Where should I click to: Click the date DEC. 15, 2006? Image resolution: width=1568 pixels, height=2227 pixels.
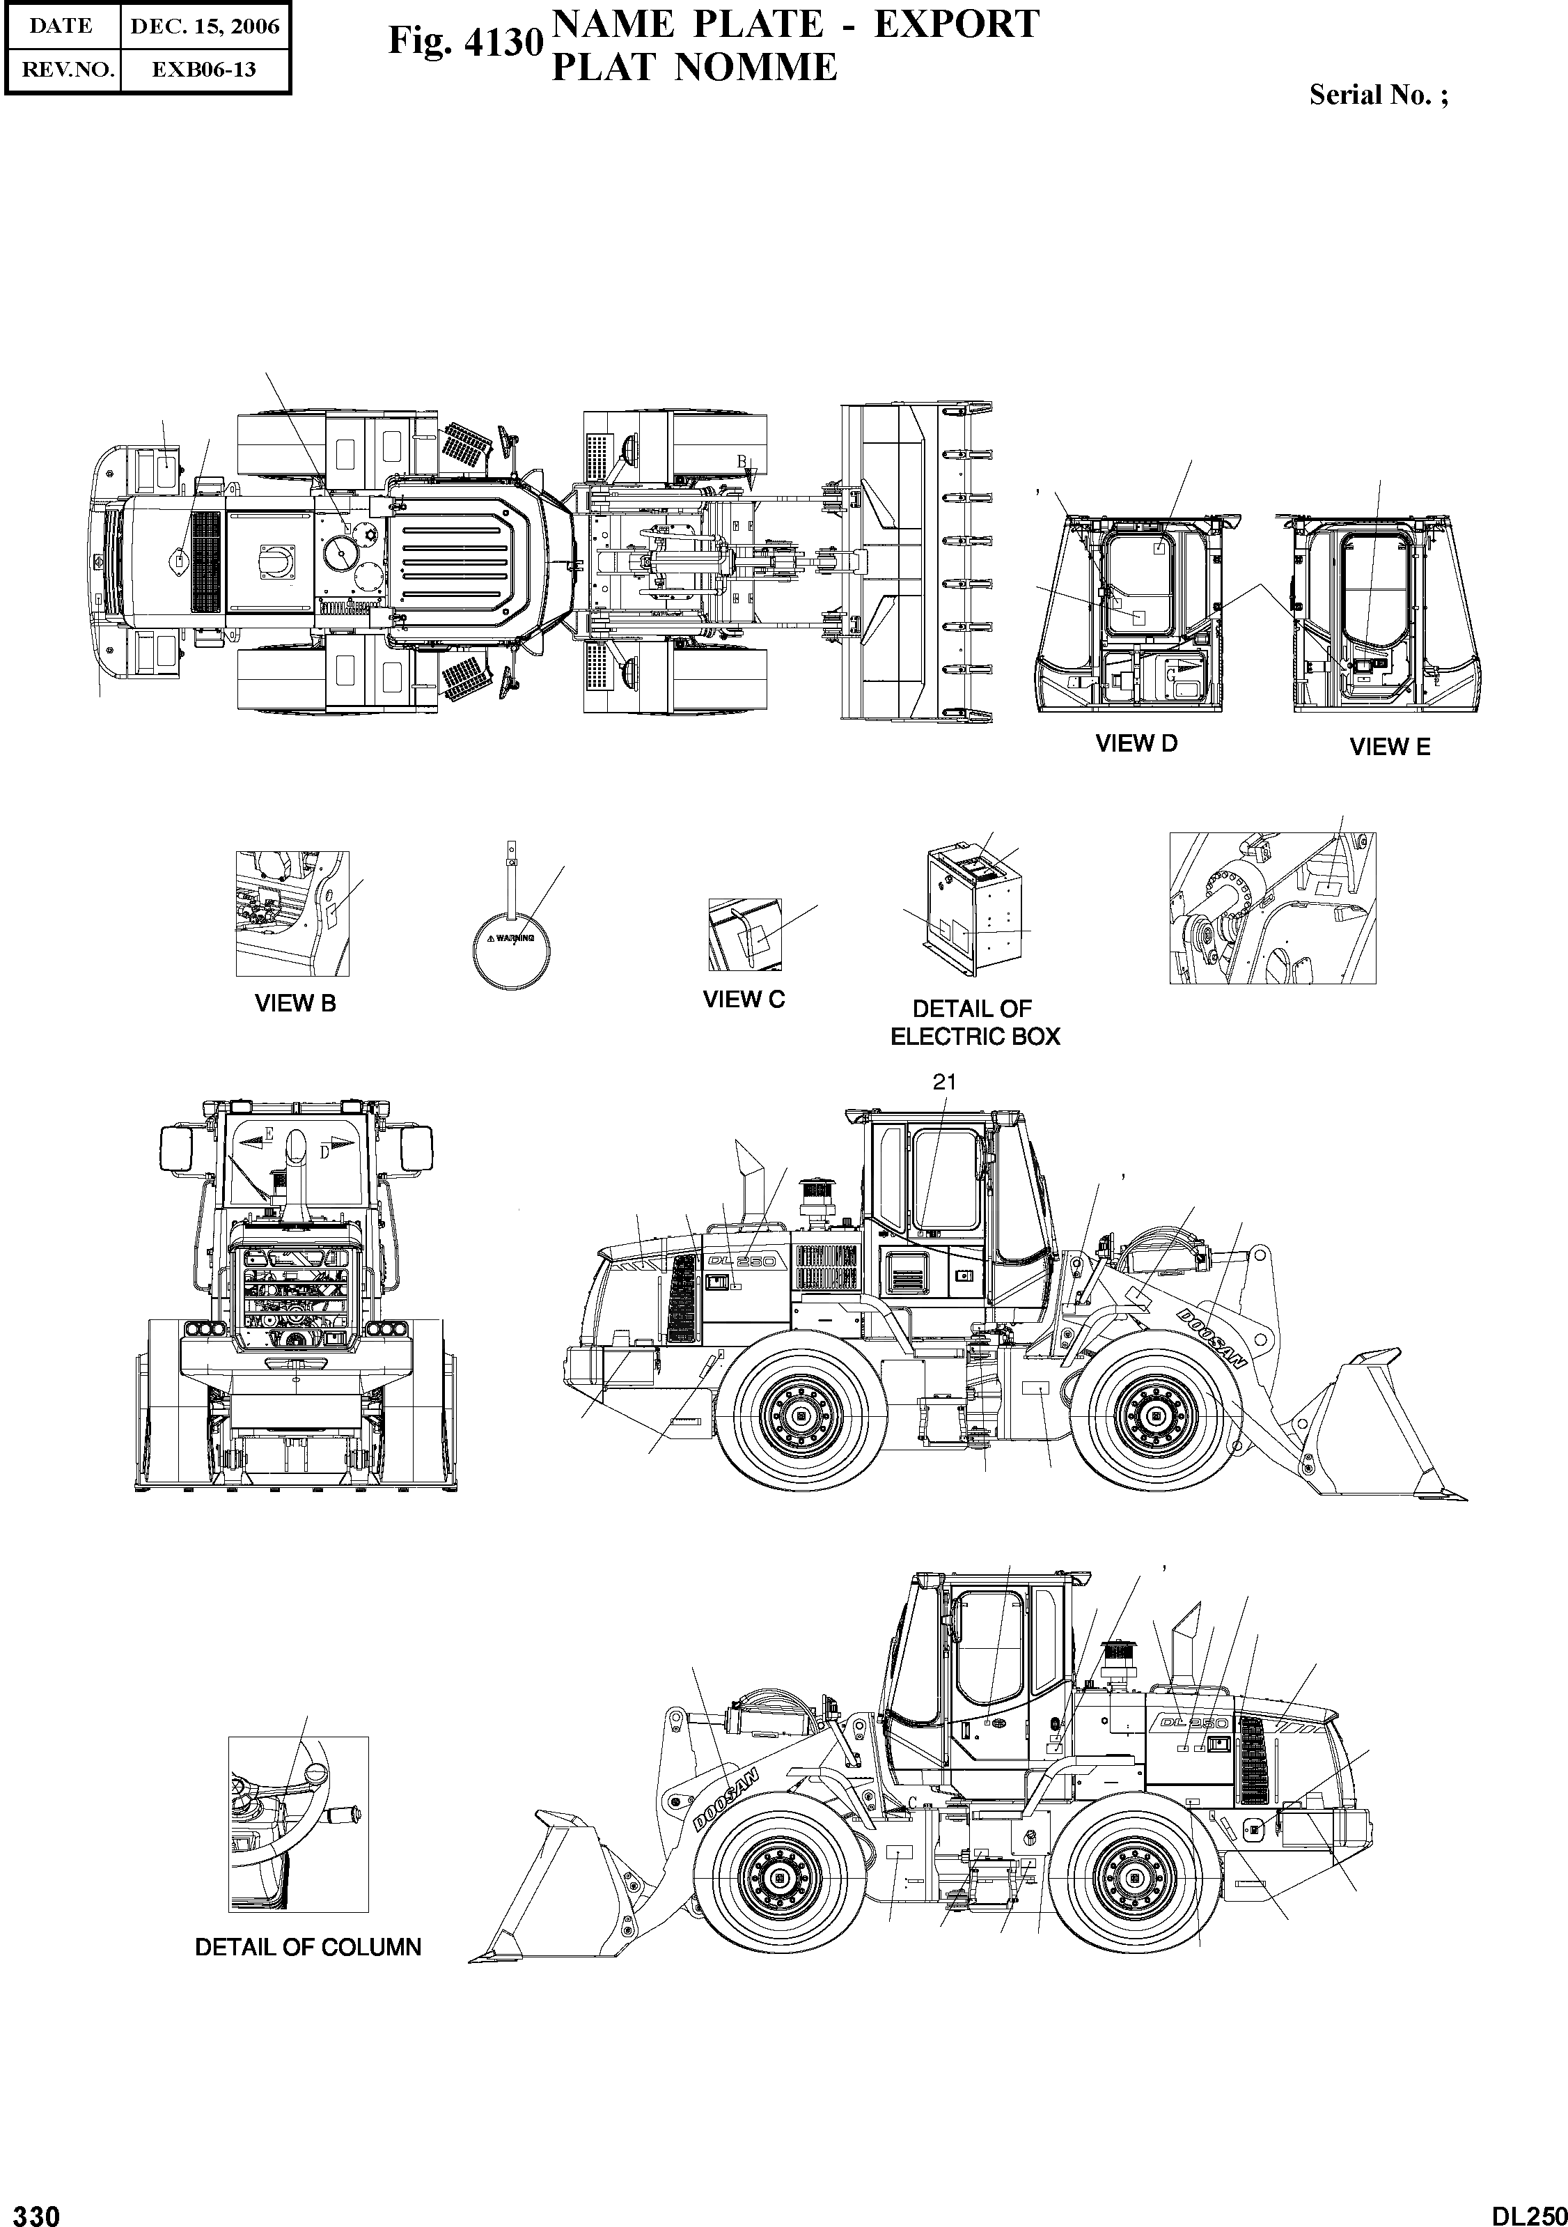[x=205, y=26]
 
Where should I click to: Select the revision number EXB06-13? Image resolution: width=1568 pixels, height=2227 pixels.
[x=205, y=70]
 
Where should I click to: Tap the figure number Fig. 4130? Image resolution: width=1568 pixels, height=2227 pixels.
[x=464, y=42]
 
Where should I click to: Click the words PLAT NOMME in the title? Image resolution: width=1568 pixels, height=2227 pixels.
[x=693, y=67]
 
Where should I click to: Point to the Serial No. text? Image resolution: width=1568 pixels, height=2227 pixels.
[x=1378, y=95]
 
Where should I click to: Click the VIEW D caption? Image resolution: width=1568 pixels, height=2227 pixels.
[x=1136, y=744]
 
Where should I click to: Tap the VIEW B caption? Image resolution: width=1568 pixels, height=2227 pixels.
[x=295, y=1004]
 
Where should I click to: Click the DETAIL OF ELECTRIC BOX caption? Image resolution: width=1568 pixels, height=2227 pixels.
[x=975, y=1023]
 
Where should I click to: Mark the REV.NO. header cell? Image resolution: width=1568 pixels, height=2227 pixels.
[x=62, y=70]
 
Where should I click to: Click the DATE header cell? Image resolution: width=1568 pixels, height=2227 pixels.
[x=61, y=26]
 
